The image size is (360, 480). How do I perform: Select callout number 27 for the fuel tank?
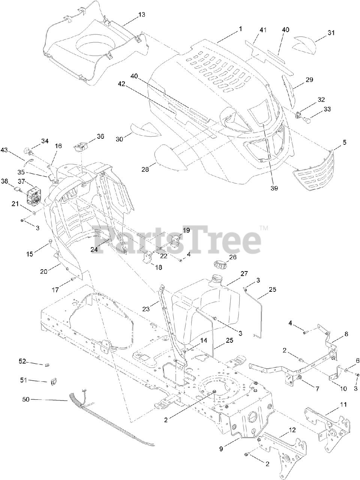(244, 274)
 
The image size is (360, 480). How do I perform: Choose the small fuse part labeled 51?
(53, 382)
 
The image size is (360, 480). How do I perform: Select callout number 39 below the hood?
(274, 189)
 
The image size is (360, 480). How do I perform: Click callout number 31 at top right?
(330, 33)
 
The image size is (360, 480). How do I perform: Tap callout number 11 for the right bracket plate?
(343, 405)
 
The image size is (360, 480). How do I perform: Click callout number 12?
(292, 430)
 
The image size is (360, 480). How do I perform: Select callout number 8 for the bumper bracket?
(346, 333)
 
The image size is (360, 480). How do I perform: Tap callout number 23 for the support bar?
(146, 309)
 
